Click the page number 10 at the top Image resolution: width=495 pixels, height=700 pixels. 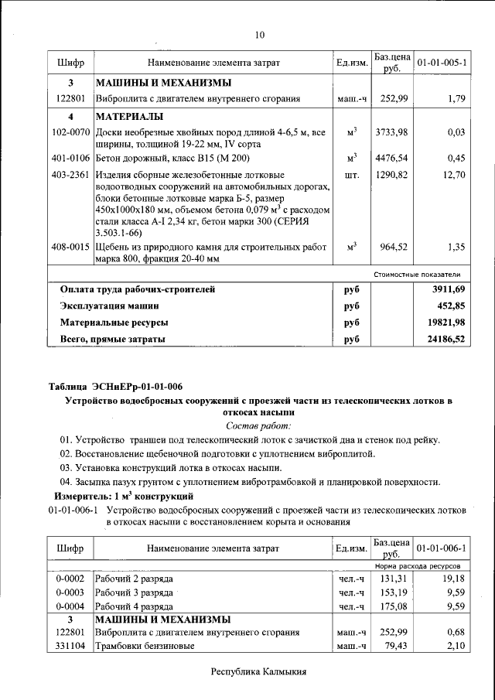259,35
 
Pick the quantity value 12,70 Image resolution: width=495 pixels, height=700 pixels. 452,175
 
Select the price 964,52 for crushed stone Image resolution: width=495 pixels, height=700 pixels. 394,248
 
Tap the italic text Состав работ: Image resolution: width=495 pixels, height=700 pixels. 258,425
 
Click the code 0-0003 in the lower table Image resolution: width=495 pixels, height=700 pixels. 70,592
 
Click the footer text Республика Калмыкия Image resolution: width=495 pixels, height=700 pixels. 259,671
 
